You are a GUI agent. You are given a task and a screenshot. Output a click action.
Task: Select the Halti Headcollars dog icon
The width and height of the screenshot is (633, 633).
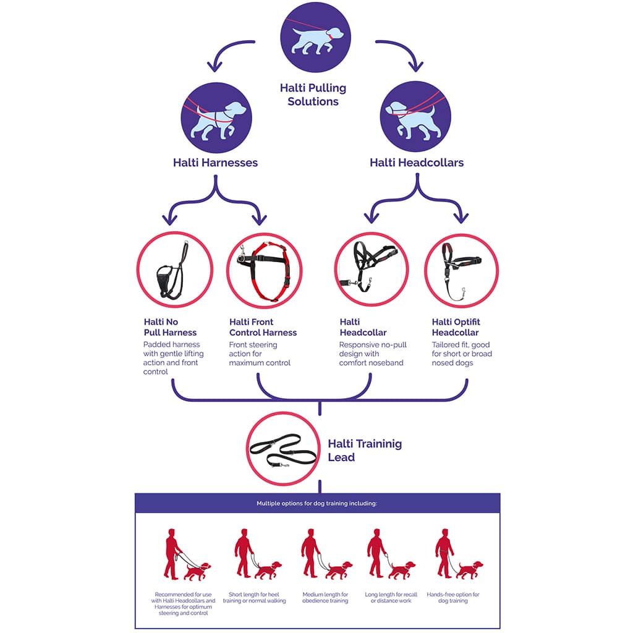point(416,116)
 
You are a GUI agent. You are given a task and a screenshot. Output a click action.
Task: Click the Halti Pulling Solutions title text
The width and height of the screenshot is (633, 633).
point(313,95)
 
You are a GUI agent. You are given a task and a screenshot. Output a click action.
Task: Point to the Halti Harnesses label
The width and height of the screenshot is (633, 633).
point(215,163)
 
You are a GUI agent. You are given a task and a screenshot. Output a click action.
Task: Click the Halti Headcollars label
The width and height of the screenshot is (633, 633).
point(417,163)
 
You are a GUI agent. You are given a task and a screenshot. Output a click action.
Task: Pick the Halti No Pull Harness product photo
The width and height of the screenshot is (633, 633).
point(175,270)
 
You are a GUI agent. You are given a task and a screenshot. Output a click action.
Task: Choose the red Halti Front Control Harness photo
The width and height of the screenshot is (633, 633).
point(264,270)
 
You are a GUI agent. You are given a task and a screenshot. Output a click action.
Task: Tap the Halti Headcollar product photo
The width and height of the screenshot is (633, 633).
point(372,270)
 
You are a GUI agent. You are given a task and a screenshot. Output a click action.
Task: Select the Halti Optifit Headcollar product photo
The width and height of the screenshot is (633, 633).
point(461,270)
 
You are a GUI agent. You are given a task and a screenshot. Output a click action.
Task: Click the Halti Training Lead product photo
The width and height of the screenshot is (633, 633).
point(283,449)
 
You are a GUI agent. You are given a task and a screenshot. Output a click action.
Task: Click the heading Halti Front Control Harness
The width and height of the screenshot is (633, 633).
point(263,327)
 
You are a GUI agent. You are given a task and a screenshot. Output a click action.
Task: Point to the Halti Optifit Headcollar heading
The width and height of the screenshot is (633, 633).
point(456,327)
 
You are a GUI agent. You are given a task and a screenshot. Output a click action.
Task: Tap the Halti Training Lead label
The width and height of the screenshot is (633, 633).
point(364,451)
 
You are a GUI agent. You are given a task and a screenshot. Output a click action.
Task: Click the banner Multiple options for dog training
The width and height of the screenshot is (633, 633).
point(317,503)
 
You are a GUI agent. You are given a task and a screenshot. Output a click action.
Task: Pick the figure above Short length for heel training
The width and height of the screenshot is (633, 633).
point(256,554)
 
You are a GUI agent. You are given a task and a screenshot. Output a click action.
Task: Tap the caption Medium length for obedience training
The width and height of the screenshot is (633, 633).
point(325,598)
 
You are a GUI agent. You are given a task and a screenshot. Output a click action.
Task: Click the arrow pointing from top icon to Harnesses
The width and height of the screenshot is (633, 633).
point(226,51)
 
